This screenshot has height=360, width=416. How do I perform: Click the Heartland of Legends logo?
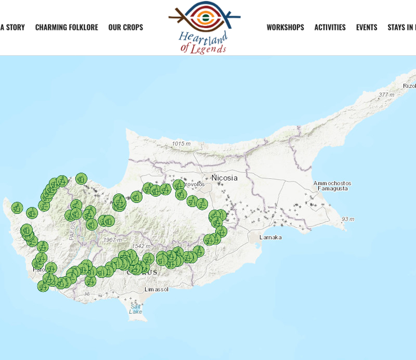pos(204,27)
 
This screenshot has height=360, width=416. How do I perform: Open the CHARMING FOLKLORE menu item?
pos(66,27)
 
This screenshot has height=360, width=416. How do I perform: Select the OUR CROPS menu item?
pos(125,27)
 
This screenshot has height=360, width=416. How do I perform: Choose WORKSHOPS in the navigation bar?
pos(285,27)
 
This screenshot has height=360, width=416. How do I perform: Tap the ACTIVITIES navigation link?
pos(330,27)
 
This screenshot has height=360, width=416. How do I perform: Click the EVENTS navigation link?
pos(367,27)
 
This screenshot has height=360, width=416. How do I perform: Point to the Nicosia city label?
pos(224,178)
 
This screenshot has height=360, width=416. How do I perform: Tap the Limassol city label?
pos(156,289)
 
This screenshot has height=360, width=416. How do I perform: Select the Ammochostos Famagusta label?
pos(332,186)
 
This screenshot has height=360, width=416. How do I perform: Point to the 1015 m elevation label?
pos(181,144)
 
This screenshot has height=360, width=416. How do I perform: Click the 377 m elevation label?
pos(386,94)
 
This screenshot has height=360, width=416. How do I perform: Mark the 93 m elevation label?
pos(348,219)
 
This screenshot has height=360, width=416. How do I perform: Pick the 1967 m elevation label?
pos(112,240)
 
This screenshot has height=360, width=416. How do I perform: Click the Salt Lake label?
pos(135,309)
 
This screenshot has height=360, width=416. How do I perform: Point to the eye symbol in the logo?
pos(205,17)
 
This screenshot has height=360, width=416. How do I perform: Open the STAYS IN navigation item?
pos(401,27)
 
